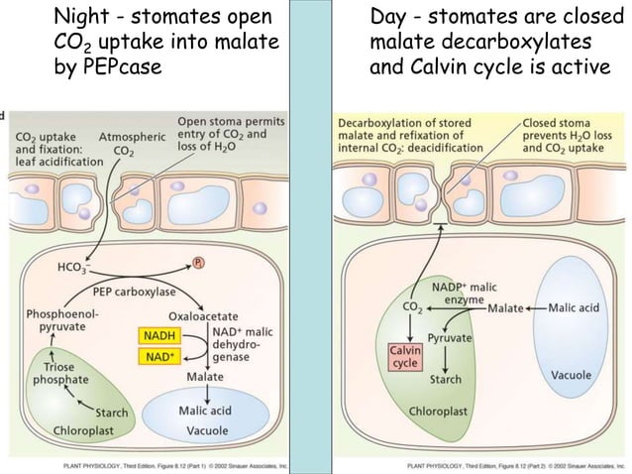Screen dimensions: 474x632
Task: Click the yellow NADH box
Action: [156, 336]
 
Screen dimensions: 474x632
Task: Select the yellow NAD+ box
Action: [156, 355]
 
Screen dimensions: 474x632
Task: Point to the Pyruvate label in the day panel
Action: [450, 338]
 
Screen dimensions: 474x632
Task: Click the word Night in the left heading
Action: [83, 17]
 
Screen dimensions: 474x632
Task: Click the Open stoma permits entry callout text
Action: [229, 135]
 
